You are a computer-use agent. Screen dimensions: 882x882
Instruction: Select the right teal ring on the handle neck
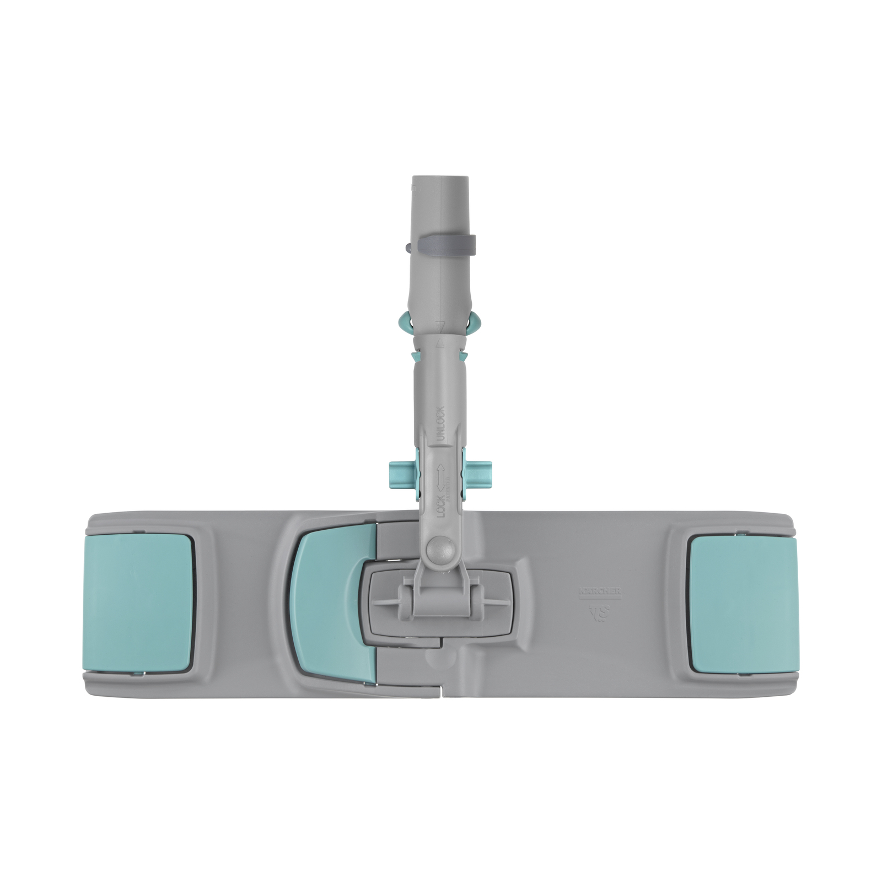(475, 326)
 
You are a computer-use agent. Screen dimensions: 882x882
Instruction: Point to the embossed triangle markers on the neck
(439, 333)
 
